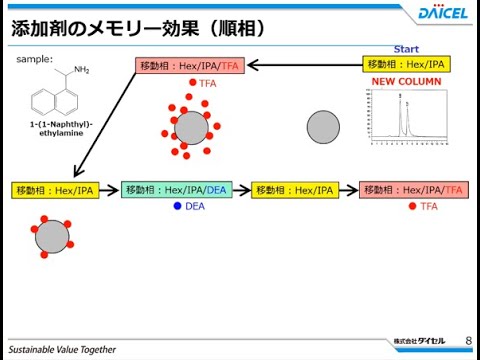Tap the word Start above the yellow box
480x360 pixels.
click(406, 48)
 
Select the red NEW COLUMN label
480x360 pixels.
click(404, 82)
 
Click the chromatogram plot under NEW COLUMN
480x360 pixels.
click(404, 118)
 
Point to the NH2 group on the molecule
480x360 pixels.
click(81, 70)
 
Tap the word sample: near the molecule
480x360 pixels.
click(35, 59)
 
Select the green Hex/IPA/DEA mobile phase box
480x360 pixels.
click(176, 190)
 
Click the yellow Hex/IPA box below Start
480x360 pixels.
click(406, 65)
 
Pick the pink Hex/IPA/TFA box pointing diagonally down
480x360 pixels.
click(190, 66)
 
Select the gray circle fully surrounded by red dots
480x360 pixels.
click(191, 128)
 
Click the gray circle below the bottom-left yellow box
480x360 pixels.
click(52, 238)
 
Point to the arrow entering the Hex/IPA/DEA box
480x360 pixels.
click(110, 190)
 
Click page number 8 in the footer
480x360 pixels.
click(467, 341)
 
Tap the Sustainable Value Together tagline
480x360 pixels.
click(60, 351)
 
